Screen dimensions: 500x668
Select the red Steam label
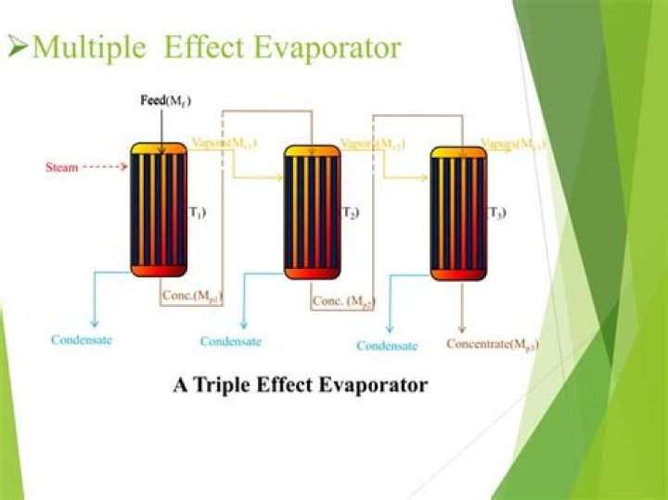62,168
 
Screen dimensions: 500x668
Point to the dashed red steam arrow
105,168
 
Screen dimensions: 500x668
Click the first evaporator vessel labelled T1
160,210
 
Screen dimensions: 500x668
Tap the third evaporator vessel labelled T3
458,213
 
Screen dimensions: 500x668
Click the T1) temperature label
198,213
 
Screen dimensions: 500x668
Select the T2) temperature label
351,214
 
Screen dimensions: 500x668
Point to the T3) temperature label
497,214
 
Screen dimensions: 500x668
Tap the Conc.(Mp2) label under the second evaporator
342,301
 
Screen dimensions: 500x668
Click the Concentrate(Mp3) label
494,343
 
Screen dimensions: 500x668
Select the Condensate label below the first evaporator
82,340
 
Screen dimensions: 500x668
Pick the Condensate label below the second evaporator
231,341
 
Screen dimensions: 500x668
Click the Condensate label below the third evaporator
388,346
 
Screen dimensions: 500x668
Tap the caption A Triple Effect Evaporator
301,384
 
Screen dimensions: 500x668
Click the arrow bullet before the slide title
16,47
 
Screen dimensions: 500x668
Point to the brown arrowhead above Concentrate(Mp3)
462,327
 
